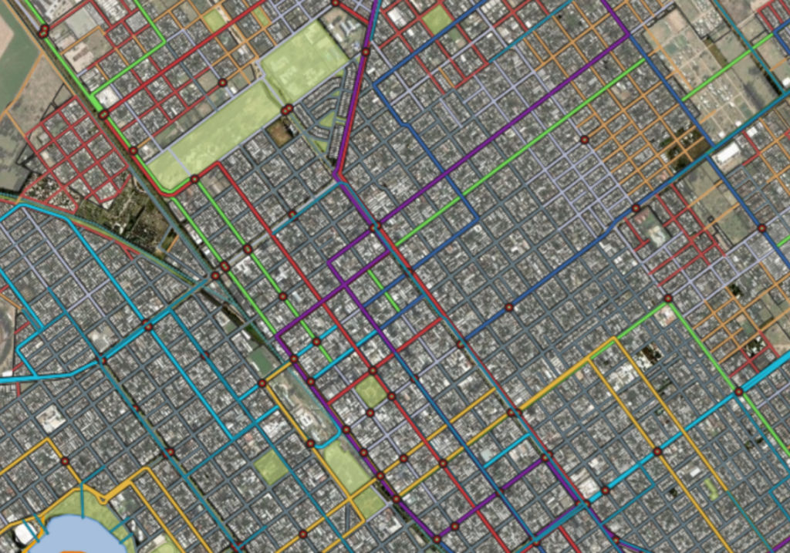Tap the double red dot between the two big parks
coord(287,110)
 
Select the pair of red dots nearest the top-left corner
coord(44,31)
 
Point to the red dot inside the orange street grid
coord(584,140)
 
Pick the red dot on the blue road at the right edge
coord(761,228)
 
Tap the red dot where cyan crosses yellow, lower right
coord(657,451)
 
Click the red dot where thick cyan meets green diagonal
coord(738,392)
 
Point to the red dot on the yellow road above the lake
coord(64,461)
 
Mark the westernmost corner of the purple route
coord(277,336)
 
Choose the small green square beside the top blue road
coord(437,19)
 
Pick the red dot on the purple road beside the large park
coord(366,52)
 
